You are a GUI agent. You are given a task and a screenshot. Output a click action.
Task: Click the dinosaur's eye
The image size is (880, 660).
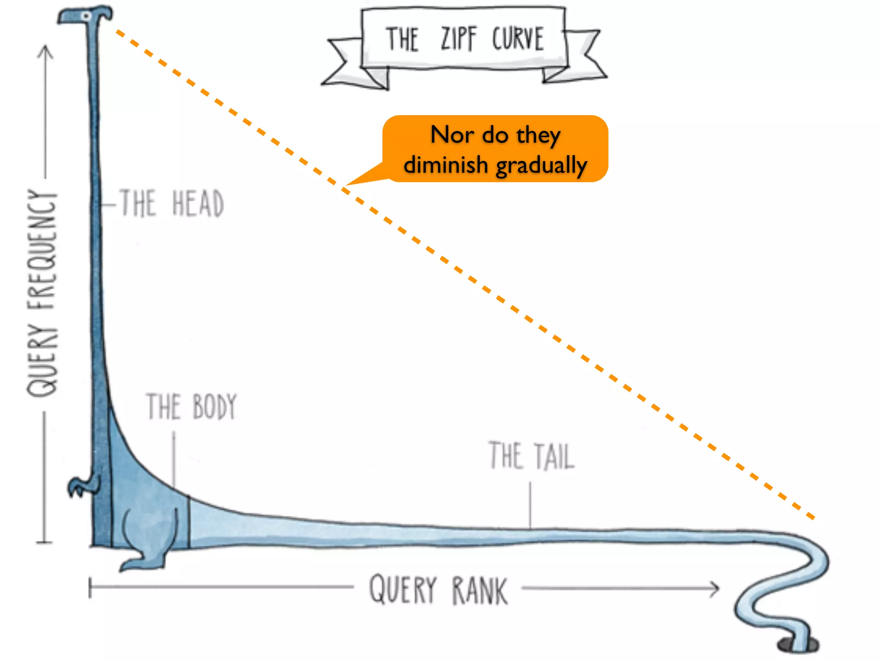tap(86, 16)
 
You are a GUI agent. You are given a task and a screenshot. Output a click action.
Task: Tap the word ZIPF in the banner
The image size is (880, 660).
tap(458, 39)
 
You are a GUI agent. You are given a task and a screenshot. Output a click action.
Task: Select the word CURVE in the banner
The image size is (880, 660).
tap(518, 39)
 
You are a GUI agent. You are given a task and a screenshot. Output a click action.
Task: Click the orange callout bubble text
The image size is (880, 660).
tap(495, 150)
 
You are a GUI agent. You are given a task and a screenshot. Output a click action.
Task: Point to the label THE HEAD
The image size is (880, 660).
tap(172, 203)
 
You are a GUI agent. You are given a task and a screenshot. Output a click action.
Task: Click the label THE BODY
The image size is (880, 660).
tap(192, 406)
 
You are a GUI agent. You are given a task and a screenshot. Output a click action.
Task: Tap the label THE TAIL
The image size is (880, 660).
tap(532, 455)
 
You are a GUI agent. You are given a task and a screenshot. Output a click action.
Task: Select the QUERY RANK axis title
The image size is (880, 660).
tap(438, 590)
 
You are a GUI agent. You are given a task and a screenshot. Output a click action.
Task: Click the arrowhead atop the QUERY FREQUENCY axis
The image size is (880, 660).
tap(46, 52)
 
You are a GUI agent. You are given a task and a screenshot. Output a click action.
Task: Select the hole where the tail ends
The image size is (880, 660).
tap(798, 645)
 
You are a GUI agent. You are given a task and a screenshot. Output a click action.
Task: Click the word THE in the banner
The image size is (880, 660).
tap(402, 39)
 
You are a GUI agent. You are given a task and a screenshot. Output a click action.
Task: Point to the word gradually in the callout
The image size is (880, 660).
tap(541, 166)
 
